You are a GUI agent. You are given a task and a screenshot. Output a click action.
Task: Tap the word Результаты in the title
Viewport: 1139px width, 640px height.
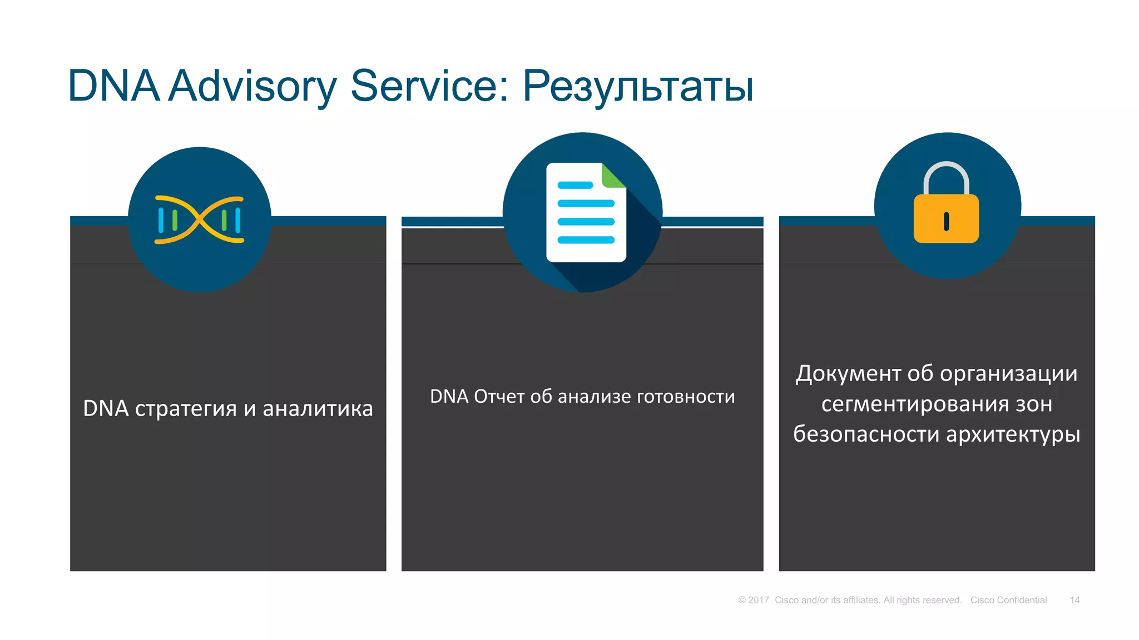638,86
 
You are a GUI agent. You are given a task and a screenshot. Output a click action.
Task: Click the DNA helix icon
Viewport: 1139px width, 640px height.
199,220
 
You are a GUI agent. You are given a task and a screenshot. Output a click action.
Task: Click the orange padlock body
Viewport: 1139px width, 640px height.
946,218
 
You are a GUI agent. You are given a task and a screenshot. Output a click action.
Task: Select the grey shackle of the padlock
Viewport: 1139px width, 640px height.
946,177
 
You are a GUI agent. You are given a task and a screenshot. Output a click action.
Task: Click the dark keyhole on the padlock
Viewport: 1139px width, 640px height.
946,221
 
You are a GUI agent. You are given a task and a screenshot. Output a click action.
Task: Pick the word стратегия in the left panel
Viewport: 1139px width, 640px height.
186,408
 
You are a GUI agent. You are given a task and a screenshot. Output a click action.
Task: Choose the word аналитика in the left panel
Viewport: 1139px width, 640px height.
318,408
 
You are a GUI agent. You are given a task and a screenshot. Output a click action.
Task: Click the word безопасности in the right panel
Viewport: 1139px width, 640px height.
866,434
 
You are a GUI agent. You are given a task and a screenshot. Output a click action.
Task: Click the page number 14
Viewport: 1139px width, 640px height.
1074,600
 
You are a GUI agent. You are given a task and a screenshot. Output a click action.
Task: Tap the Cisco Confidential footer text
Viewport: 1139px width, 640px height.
1008,600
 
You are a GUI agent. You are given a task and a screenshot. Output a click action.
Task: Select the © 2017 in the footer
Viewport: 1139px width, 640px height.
753,600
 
